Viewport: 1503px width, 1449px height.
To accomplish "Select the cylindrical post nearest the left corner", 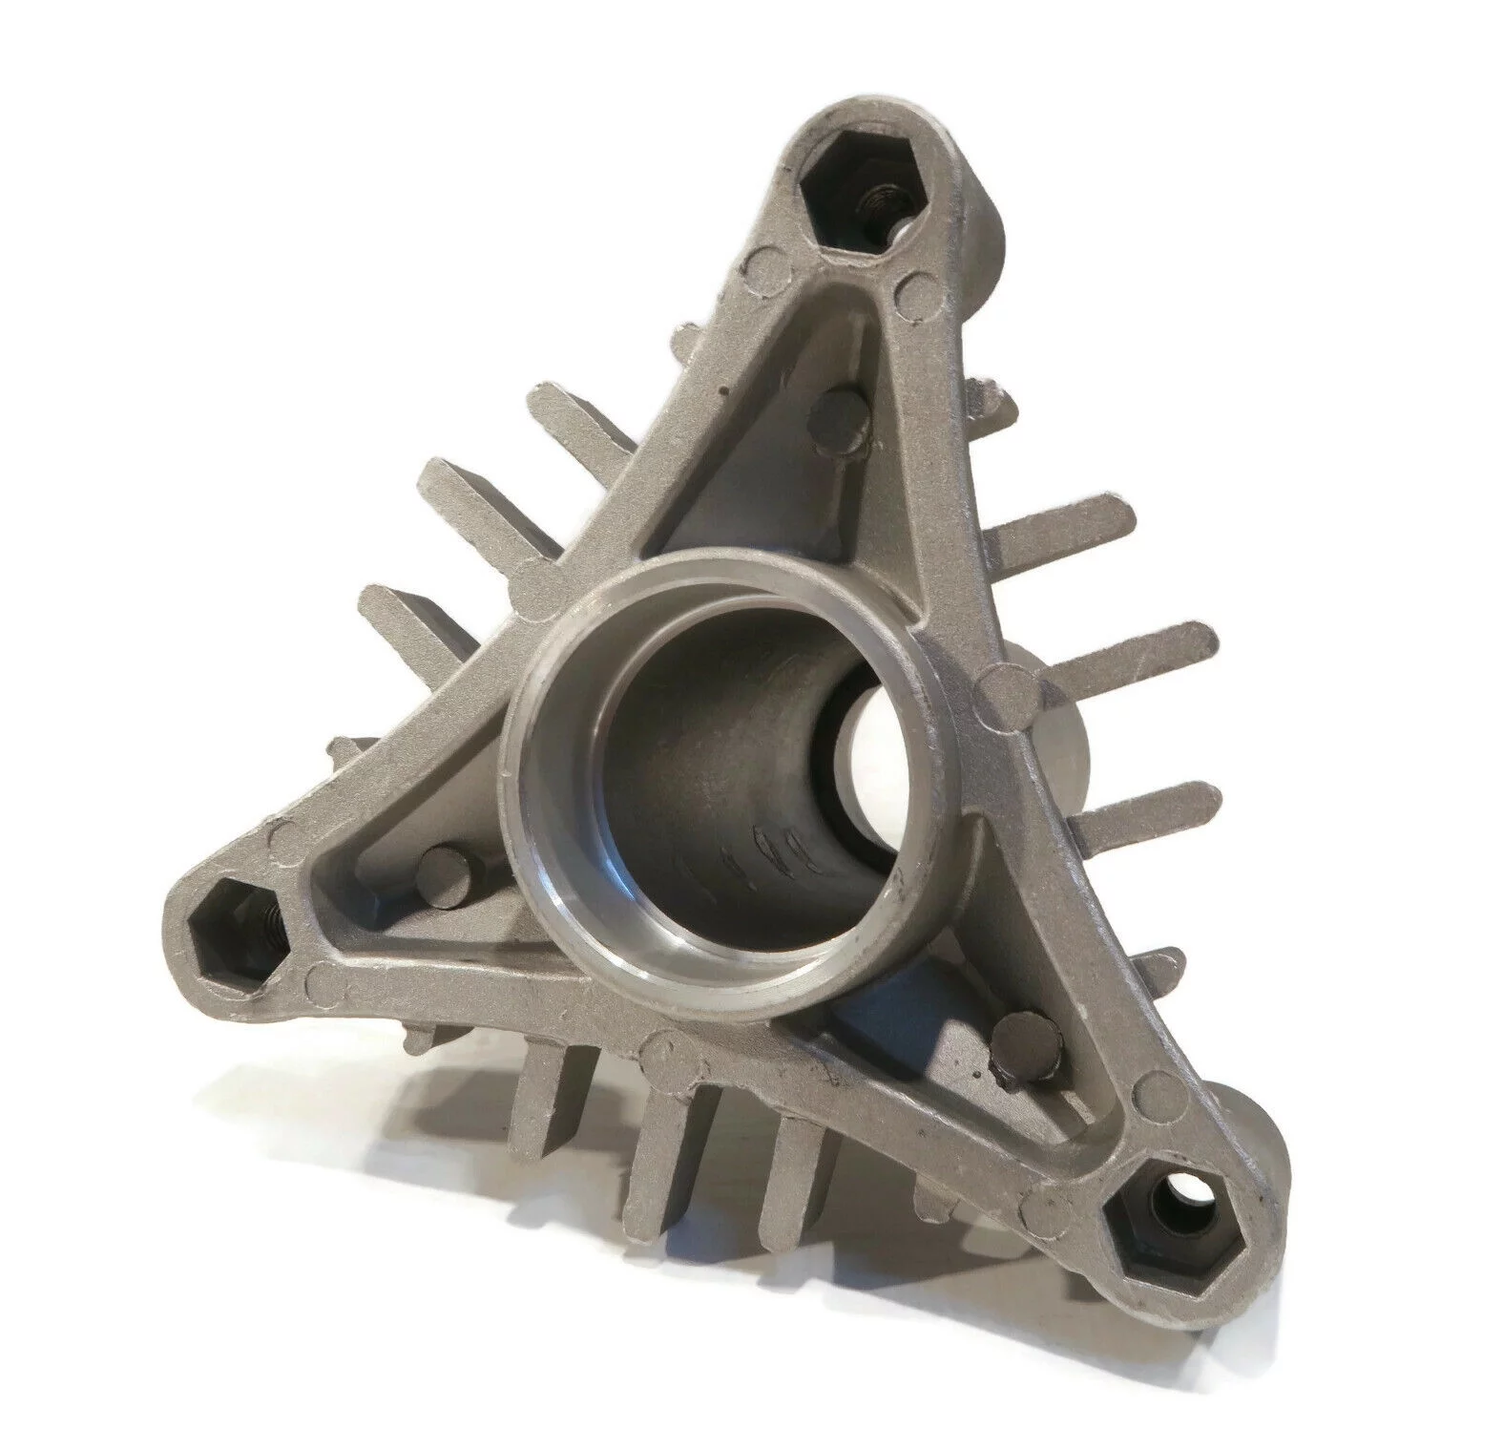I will (x=445, y=869).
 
